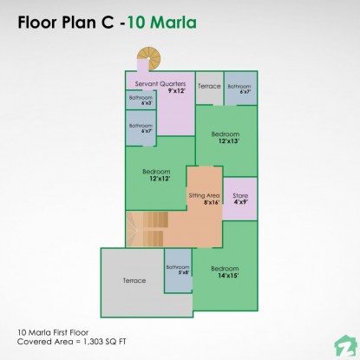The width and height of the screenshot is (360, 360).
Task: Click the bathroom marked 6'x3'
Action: click(141, 100)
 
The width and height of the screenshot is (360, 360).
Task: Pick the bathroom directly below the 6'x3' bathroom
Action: click(141, 128)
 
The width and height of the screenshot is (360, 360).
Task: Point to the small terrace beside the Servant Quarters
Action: click(209, 87)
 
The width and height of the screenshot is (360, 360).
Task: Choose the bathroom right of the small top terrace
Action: click(239, 88)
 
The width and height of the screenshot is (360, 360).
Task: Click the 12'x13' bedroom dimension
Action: click(227, 141)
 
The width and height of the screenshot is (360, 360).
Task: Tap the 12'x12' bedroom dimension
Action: click(158, 179)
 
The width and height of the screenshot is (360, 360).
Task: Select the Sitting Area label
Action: click(205, 196)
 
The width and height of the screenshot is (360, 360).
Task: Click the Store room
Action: click(239, 199)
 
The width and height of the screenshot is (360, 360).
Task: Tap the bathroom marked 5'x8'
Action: click(178, 272)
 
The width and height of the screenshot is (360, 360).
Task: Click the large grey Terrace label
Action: click(134, 281)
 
